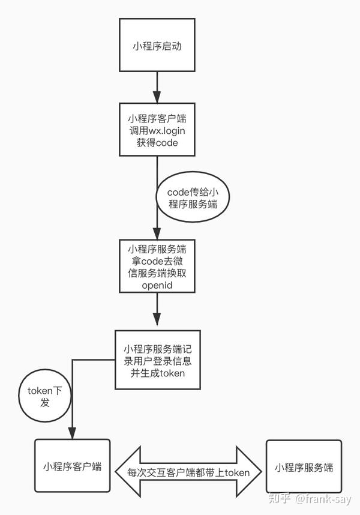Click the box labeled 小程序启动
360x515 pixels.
[x=157, y=46]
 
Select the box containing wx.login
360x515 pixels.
[x=157, y=129]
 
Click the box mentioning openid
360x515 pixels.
[x=157, y=267]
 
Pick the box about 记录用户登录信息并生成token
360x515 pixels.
[x=157, y=360]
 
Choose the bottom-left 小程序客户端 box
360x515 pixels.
[x=71, y=467]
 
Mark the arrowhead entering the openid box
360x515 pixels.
[x=157, y=234]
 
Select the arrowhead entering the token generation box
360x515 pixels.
[x=157, y=323]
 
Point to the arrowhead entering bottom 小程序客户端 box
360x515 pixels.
[x=72, y=433]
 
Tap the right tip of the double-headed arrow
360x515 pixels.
[x=262, y=472]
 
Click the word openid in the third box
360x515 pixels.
[x=157, y=286]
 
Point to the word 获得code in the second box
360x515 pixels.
[x=157, y=142]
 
